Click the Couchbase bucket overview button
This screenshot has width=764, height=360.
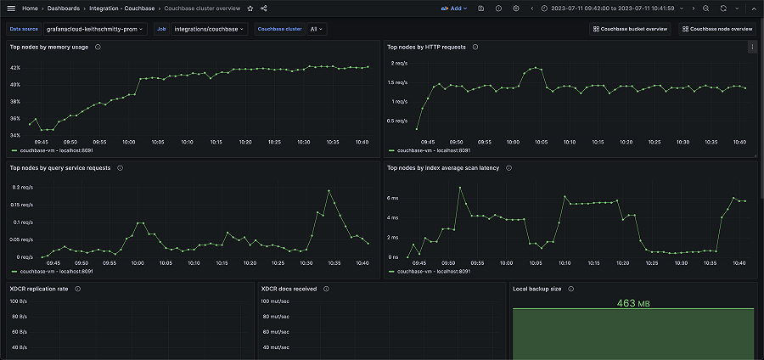[x=630, y=29]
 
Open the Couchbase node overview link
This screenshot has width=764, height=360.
[x=717, y=29]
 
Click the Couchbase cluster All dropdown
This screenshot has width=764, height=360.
[x=316, y=29]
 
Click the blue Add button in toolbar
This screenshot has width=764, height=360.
[x=452, y=8]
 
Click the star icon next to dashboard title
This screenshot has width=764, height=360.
[x=250, y=8]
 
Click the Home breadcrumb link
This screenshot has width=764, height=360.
[x=30, y=8]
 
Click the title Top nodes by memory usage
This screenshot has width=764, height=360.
[x=48, y=47]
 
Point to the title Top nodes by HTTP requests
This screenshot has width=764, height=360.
[x=426, y=47]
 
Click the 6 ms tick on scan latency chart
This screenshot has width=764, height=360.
[x=393, y=198]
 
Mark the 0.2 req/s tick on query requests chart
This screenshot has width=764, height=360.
[x=21, y=187]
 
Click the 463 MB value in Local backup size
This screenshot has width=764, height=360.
[x=632, y=302]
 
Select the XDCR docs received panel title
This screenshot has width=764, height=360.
[x=289, y=289]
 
